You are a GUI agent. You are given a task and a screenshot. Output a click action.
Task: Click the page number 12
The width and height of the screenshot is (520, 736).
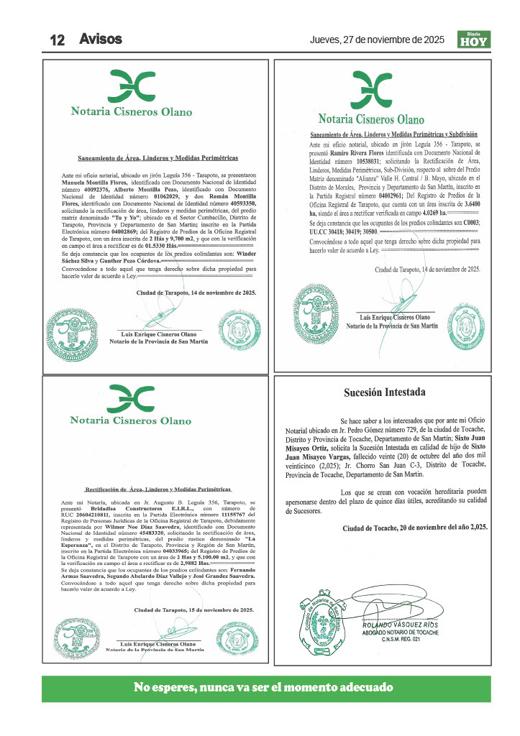58,40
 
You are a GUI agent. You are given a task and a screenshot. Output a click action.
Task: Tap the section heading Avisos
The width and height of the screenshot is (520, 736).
101,39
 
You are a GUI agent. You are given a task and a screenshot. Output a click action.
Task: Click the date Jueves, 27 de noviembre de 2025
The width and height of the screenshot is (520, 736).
377,40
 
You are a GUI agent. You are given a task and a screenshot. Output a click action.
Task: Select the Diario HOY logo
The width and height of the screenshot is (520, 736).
474,40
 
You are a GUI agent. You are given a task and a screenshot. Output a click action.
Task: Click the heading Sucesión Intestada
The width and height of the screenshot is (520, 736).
384,392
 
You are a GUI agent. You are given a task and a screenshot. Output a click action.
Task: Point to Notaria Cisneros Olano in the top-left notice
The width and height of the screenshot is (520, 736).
132,111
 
